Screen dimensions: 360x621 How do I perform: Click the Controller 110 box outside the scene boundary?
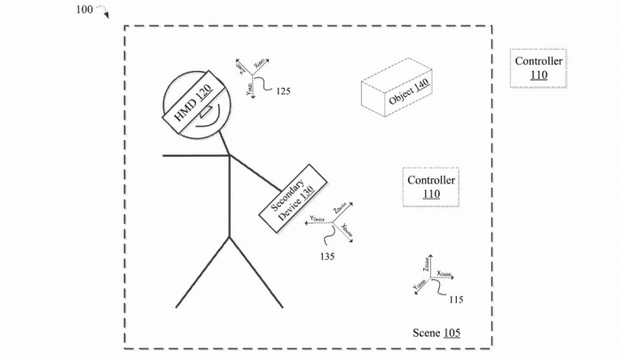[x=538, y=67]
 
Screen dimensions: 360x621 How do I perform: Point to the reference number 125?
[x=283, y=91]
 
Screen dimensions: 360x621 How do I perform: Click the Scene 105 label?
[x=436, y=333]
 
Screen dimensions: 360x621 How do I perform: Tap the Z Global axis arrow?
[x=429, y=267]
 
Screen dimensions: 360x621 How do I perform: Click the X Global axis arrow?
[x=442, y=278]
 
